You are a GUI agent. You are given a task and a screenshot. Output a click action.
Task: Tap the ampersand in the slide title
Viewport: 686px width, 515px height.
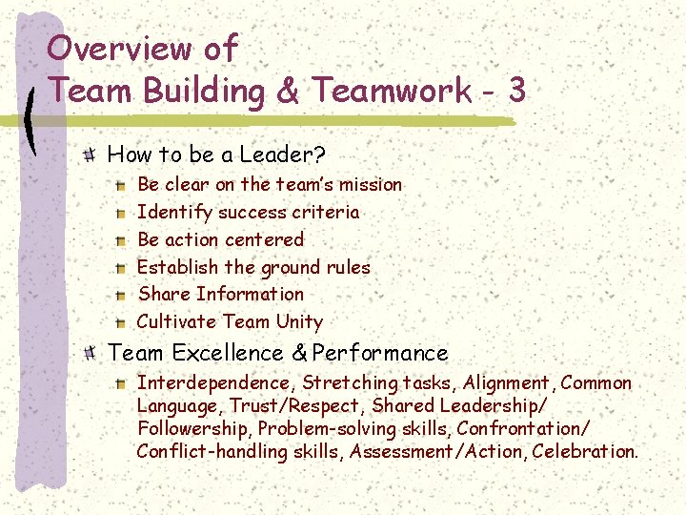pyautogui.click(x=290, y=91)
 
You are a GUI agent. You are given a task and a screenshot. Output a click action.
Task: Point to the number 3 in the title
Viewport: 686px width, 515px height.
pyautogui.click(x=516, y=91)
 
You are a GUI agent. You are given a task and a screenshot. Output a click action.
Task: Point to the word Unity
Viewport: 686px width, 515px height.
pyautogui.click(x=299, y=321)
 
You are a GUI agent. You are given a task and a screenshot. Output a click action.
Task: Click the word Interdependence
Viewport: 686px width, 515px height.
pyautogui.click(x=217, y=383)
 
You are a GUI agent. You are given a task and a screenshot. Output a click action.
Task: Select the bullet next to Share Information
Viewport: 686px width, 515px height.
pyautogui.click(x=121, y=296)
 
